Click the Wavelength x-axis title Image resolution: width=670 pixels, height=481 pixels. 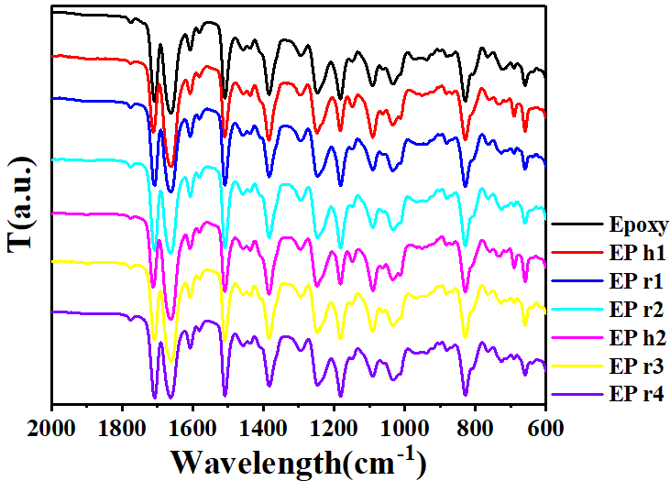pos(298,457)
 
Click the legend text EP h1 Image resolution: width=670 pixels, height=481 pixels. pos(633,252)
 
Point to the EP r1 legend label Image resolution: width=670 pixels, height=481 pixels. pos(633,280)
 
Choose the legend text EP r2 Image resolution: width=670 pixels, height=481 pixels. pos(633,309)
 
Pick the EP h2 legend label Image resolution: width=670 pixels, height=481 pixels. pos(633,337)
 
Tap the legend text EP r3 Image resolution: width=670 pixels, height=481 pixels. pos(633,366)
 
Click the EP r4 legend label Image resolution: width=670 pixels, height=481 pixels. pos(633,394)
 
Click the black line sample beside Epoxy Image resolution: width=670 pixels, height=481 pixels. pos(576,224)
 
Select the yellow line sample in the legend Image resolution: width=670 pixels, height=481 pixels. pos(576,366)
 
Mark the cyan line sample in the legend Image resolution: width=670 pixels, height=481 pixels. pos(576,309)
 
